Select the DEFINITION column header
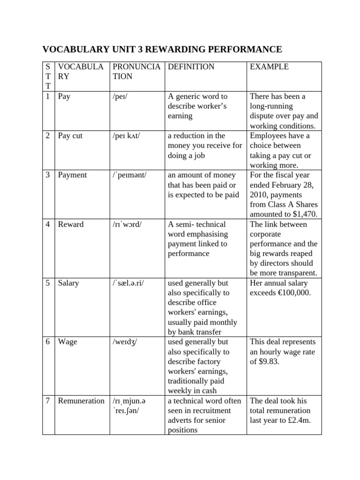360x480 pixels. pyautogui.click(x=191, y=67)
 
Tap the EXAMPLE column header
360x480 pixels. pyautogui.click(x=269, y=67)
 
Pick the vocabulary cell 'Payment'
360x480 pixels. pyautogui.click(x=72, y=175)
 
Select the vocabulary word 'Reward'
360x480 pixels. pyautogui.click(x=71, y=225)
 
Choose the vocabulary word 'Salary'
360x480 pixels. pyautogui.click(x=69, y=283)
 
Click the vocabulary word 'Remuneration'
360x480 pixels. pyautogui.click(x=81, y=401)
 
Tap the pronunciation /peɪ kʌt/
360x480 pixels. pyautogui.click(x=126, y=136)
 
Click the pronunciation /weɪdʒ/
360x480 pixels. pyautogui.click(x=125, y=342)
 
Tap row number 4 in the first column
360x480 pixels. pyautogui.click(x=48, y=225)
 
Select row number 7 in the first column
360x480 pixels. pyautogui.click(x=48, y=401)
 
